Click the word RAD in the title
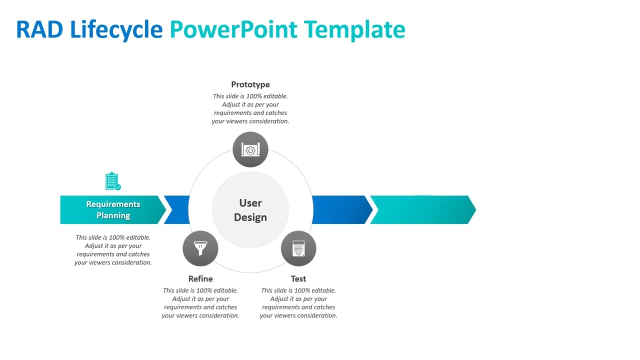[x=39, y=29]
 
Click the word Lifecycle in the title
[x=116, y=29]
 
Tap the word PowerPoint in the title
[x=233, y=29]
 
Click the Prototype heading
[x=250, y=84]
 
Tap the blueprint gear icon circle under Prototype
[x=250, y=149]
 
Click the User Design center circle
[x=250, y=210]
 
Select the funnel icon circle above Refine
[x=200, y=248]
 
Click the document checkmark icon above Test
[x=298, y=248]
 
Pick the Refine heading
[x=200, y=279]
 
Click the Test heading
[x=298, y=279]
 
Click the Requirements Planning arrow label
[x=113, y=210]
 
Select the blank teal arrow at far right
[x=422, y=210]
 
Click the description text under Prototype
[x=250, y=108]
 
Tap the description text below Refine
[x=200, y=303]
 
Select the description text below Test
[x=298, y=303]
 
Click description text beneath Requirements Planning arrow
[x=113, y=250]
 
